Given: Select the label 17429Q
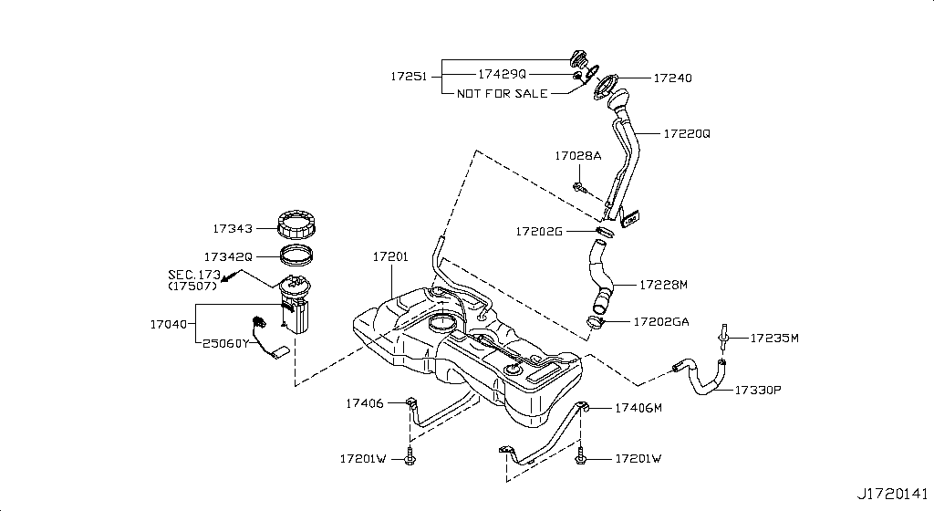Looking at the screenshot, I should [502, 73].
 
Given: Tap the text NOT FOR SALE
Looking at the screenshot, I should [503, 93].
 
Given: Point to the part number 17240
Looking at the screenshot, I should [672, 78].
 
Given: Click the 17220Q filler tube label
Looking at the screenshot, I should [686, 133].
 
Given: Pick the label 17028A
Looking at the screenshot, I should [577, 156].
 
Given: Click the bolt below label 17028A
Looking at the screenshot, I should [580, 188].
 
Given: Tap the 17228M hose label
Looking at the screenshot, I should [663, 285].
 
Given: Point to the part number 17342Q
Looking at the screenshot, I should [228, 257].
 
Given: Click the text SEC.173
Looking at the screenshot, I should [194, 274].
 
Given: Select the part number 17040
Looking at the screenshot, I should [168, 323].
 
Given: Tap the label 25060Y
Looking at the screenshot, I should [225, 344].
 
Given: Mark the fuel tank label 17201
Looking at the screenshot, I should [389, 257].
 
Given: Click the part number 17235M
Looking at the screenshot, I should [774, 339].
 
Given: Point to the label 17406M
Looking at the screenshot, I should [638, 408].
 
